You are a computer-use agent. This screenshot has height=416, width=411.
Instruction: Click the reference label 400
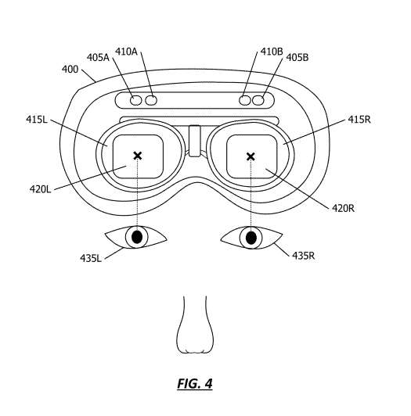pos(70,70)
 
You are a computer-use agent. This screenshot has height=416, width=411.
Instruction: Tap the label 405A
pos(98,58)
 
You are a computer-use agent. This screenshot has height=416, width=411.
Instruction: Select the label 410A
pos(126,52)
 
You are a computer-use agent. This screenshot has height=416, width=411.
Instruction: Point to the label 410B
pos(272,52)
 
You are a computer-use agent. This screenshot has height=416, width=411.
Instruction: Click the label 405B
pos(297,58)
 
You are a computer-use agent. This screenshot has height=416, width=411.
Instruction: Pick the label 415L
pos(37,120)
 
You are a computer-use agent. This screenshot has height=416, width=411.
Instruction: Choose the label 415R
pos(359,120)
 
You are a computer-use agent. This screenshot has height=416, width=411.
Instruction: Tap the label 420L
pos(40,189)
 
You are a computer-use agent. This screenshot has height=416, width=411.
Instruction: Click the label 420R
pos(343,208)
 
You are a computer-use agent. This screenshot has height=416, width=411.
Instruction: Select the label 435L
pos(91,258)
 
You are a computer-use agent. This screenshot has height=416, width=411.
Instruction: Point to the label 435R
pos(304,256)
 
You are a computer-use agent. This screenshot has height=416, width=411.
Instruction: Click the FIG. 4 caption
pos(195,384)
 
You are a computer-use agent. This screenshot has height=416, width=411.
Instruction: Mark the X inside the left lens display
pos(138,156)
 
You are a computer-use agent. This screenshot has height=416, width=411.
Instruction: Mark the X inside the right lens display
pos(251,156)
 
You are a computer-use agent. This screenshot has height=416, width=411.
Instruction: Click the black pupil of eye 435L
pos(137,237)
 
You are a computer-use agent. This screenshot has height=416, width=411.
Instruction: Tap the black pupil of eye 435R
pos(251,238)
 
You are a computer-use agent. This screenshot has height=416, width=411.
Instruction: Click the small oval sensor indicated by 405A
pos(136,100)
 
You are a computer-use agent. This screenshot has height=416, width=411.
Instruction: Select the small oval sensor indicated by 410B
pos(245,100)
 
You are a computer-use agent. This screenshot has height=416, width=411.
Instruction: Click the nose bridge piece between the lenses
pos(195,141)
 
